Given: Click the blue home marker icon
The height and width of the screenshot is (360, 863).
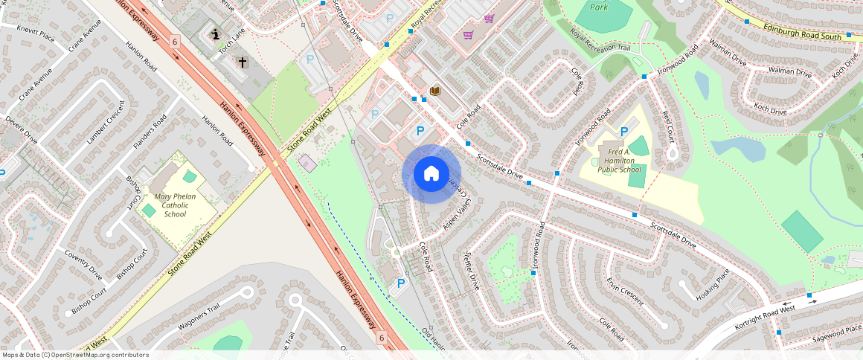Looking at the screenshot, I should [431, 174].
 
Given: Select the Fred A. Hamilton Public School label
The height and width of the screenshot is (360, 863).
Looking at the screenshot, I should [619, 161].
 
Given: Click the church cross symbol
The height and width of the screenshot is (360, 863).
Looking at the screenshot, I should [242, 62].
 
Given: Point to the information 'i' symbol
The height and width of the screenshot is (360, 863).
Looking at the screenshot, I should [216, 34].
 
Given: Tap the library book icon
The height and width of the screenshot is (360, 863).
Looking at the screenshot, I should [435, 91].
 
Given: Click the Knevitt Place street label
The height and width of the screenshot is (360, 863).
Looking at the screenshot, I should [36, 36].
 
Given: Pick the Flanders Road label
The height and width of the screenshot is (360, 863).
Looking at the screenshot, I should [149, 133].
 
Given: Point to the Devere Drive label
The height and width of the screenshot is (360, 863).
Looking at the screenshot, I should [21, 129].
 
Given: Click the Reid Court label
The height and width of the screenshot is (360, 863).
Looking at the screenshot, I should [668, 128].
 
